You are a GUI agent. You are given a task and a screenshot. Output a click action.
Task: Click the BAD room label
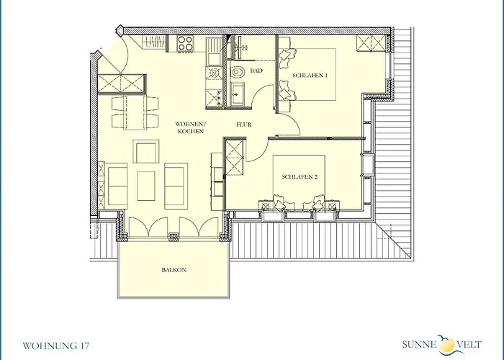pos(256,71)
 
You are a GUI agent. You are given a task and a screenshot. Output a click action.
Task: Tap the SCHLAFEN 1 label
pos(310,76)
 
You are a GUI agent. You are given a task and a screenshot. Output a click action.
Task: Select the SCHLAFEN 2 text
pos(300,177)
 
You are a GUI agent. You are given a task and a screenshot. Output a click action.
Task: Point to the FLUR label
pos(244,125)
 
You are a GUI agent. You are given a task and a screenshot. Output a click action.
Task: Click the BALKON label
pos(174,270)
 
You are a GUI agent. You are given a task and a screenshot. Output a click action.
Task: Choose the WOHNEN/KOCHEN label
pos(190,127)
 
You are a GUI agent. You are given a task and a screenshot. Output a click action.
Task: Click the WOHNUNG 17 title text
pos(56,346)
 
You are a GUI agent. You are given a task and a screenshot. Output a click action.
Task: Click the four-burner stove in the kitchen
pos(186,43)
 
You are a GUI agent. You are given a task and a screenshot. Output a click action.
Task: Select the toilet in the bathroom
pos(238,72)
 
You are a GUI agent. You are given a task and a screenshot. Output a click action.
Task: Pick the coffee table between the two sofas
pos(146,186)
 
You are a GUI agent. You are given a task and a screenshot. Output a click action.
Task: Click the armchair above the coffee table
pos(146,151)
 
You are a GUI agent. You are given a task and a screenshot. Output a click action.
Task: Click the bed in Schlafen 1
pos(309,75)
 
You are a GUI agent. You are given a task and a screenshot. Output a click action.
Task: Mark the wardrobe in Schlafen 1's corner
pos(371,43)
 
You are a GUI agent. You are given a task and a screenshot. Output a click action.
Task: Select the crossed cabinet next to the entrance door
pos(122,84)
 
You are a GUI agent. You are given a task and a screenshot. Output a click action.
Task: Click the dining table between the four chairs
pos(135,112)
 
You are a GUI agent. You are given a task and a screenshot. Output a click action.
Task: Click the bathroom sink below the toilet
pos(237,94)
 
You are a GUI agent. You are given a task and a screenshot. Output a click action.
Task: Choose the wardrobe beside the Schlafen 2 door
pos(235,157)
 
